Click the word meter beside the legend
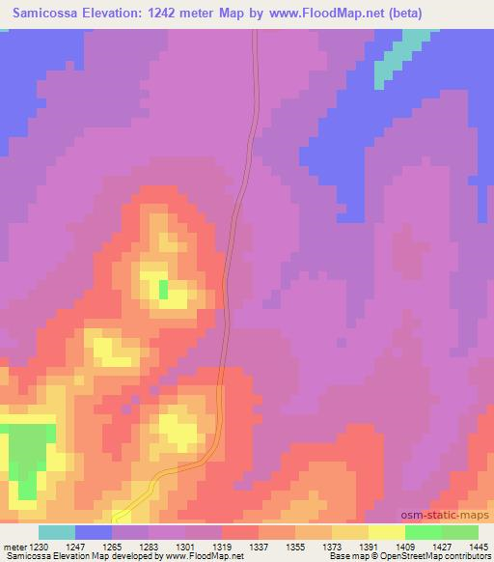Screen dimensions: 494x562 coord(13,546)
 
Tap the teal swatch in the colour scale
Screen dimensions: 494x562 coord(57,532)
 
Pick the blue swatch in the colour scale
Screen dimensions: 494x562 coord(94,532)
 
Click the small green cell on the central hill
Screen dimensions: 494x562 coord(163,288)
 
